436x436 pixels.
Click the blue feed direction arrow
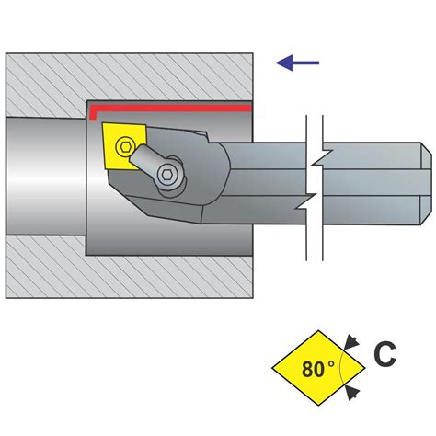pyautogui.click(x=298, y=63)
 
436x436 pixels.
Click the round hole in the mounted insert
pyautogui.click(x=125, y=145)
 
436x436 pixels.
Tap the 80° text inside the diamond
pyautogui.click(x=318, y=370)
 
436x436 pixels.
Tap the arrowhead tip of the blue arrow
pyautogui.click(x=278, y=63)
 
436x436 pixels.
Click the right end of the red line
pyautogui.click(x=251, y=108)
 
